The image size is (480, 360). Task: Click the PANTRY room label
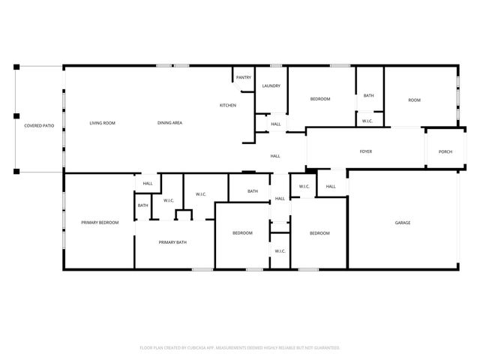244,77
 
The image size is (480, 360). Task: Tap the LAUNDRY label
271,85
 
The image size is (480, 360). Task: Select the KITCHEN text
228,105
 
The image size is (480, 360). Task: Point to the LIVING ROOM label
102,123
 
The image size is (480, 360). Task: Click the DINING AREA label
170,123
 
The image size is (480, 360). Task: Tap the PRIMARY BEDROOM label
100,223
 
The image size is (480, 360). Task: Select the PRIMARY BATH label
172,242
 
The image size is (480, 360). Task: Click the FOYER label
365,151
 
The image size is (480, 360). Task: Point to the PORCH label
445,151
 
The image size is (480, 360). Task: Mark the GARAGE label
403,223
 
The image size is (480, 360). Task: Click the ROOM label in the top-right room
414,100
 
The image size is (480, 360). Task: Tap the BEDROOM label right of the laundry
320,99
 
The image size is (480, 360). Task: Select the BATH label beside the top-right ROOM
368,95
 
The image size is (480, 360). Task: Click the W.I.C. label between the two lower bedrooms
279,250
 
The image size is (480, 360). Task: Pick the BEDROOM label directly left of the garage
320,233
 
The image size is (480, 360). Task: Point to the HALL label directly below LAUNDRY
276,124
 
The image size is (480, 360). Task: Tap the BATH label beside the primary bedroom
142,205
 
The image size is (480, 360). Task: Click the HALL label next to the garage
331,186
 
